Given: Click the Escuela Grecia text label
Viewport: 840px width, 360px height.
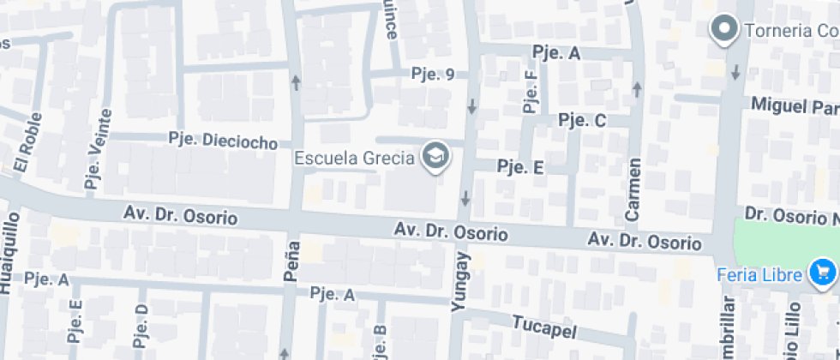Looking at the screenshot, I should click(x=355, y=158).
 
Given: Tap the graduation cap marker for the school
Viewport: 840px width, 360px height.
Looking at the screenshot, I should click(x=436, y=157).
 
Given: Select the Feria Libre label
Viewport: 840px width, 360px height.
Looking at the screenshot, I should click(x=759, y=274).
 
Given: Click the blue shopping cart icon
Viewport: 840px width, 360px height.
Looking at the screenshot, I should click(x=822, y=273).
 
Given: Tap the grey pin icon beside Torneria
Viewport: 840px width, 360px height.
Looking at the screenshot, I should click(x=725, y=30).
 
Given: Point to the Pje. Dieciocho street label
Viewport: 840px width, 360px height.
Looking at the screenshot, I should click(x=223, y=140).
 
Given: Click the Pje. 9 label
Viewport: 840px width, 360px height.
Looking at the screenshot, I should click(x=432, y=74).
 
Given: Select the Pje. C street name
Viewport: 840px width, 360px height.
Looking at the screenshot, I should click(x=582, y=120).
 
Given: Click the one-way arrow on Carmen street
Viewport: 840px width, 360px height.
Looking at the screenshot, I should click(x=637, y=87).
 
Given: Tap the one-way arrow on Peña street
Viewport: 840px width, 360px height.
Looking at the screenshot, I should click(x=297, y=82).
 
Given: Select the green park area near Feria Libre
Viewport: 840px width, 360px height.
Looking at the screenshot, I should click(x=784, y=240).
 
